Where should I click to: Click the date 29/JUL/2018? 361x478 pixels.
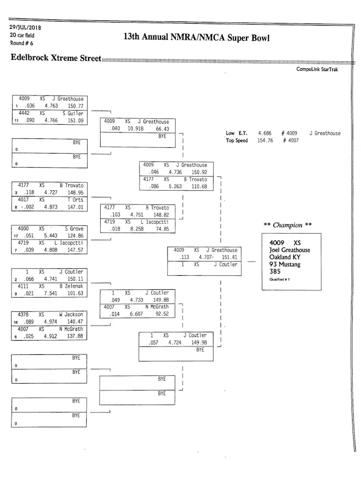pyautogui.click(x=26, y=27)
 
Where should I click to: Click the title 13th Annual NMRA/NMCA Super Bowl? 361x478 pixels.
pyautogui.click(x=196, y=37)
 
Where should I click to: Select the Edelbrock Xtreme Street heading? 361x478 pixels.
pyautogui.click(x=56, y=58)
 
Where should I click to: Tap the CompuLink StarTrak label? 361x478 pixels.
pyautogui.click(x=317, y=69)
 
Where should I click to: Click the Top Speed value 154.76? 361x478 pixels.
pyautogui.click(x=267, y=140)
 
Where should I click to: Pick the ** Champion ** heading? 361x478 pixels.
pyautogui.click(x=288, y=225)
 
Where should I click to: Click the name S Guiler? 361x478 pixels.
pyautogui.click(x=73, y=113)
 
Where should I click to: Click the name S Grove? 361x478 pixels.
pyautogui.click(x=74, y=229)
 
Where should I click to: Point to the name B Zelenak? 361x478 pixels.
pyautogui.click(x=71, y=286)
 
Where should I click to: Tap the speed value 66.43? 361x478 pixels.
pyautogui.click(x=163, y=129)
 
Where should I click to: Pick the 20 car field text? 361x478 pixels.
pyautogui.click(x=22, y=35)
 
